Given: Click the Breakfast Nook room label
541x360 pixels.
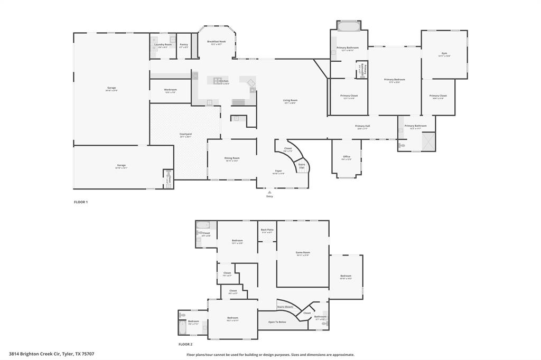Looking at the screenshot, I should click(x=217, y=42).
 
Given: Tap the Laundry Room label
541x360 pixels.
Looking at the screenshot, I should click(x=163, y=45).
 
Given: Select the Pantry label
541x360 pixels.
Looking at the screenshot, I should click(x=183, y=45).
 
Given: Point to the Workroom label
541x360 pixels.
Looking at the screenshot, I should click(x=170, y=90).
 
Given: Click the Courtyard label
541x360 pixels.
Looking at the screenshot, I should click(x=185, y=134).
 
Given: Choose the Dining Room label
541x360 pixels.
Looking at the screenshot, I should click(x=232, y=158).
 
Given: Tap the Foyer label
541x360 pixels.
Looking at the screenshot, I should click(x=278, y=171).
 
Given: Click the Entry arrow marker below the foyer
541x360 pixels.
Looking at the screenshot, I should click(x=269, y=192).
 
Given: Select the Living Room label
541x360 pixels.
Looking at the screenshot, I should click(x=290, y=100).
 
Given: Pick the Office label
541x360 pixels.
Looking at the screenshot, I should click(x=347, y=157).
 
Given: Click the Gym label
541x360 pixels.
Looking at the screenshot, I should click(x=444, y=53).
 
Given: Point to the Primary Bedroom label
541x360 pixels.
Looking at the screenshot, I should click(x=395, y=80).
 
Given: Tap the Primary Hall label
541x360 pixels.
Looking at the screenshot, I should click(x=362, y=126).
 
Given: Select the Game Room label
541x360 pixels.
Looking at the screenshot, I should click(x=303, y=253).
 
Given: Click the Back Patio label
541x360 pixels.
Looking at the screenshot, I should click(x=267, y=230).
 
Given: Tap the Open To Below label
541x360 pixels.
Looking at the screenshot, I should click(x=277, y=322).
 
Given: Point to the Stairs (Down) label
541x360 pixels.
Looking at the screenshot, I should click(x=285, y=307).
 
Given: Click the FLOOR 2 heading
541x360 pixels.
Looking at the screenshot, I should click(x=185, y=344).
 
